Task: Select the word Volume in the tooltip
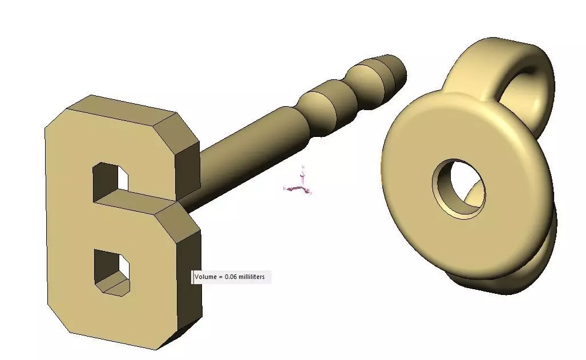(x=205, y=277)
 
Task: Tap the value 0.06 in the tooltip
(x=232, y=277)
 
